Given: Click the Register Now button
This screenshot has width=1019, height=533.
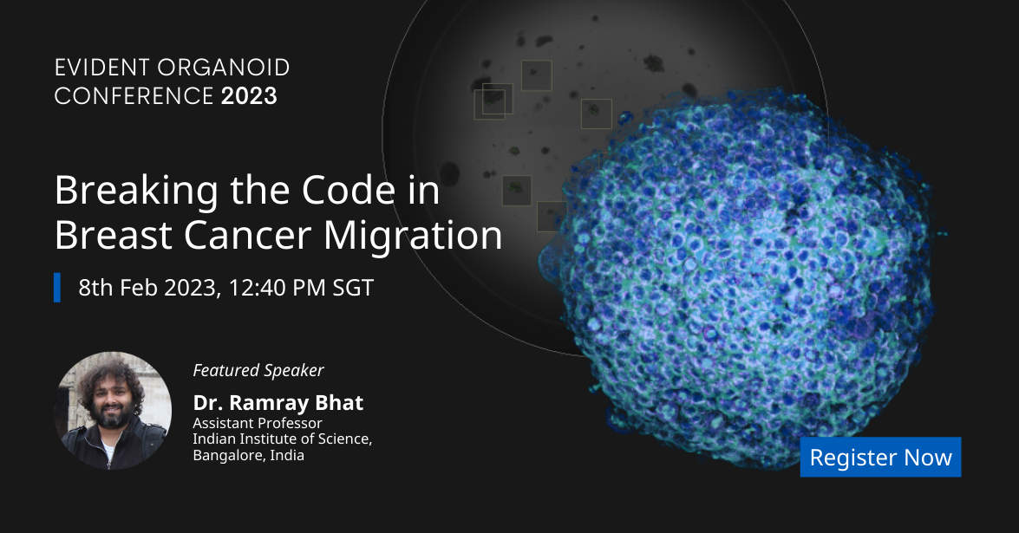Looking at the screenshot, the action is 880,457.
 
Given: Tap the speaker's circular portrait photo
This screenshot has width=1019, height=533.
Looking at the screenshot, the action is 113,410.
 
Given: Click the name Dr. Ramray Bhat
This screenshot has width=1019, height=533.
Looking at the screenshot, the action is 278,402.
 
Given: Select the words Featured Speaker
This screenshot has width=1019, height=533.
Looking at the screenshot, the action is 258,370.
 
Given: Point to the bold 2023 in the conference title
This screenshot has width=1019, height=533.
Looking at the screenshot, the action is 249,96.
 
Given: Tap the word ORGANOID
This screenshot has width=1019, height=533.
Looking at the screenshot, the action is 224,68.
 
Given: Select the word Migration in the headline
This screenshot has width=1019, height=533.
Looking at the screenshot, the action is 414,236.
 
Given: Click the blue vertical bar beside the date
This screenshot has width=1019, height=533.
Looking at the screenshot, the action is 57,288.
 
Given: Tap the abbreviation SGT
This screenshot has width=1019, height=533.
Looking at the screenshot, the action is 353,288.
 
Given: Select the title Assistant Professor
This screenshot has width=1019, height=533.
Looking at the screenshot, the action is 258,423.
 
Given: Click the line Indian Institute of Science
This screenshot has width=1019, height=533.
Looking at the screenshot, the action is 282,439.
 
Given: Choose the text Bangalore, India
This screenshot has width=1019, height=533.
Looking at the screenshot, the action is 248,455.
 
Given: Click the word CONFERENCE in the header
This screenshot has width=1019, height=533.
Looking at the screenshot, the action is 134,96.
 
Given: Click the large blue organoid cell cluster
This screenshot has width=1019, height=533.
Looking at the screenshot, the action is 741,279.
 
